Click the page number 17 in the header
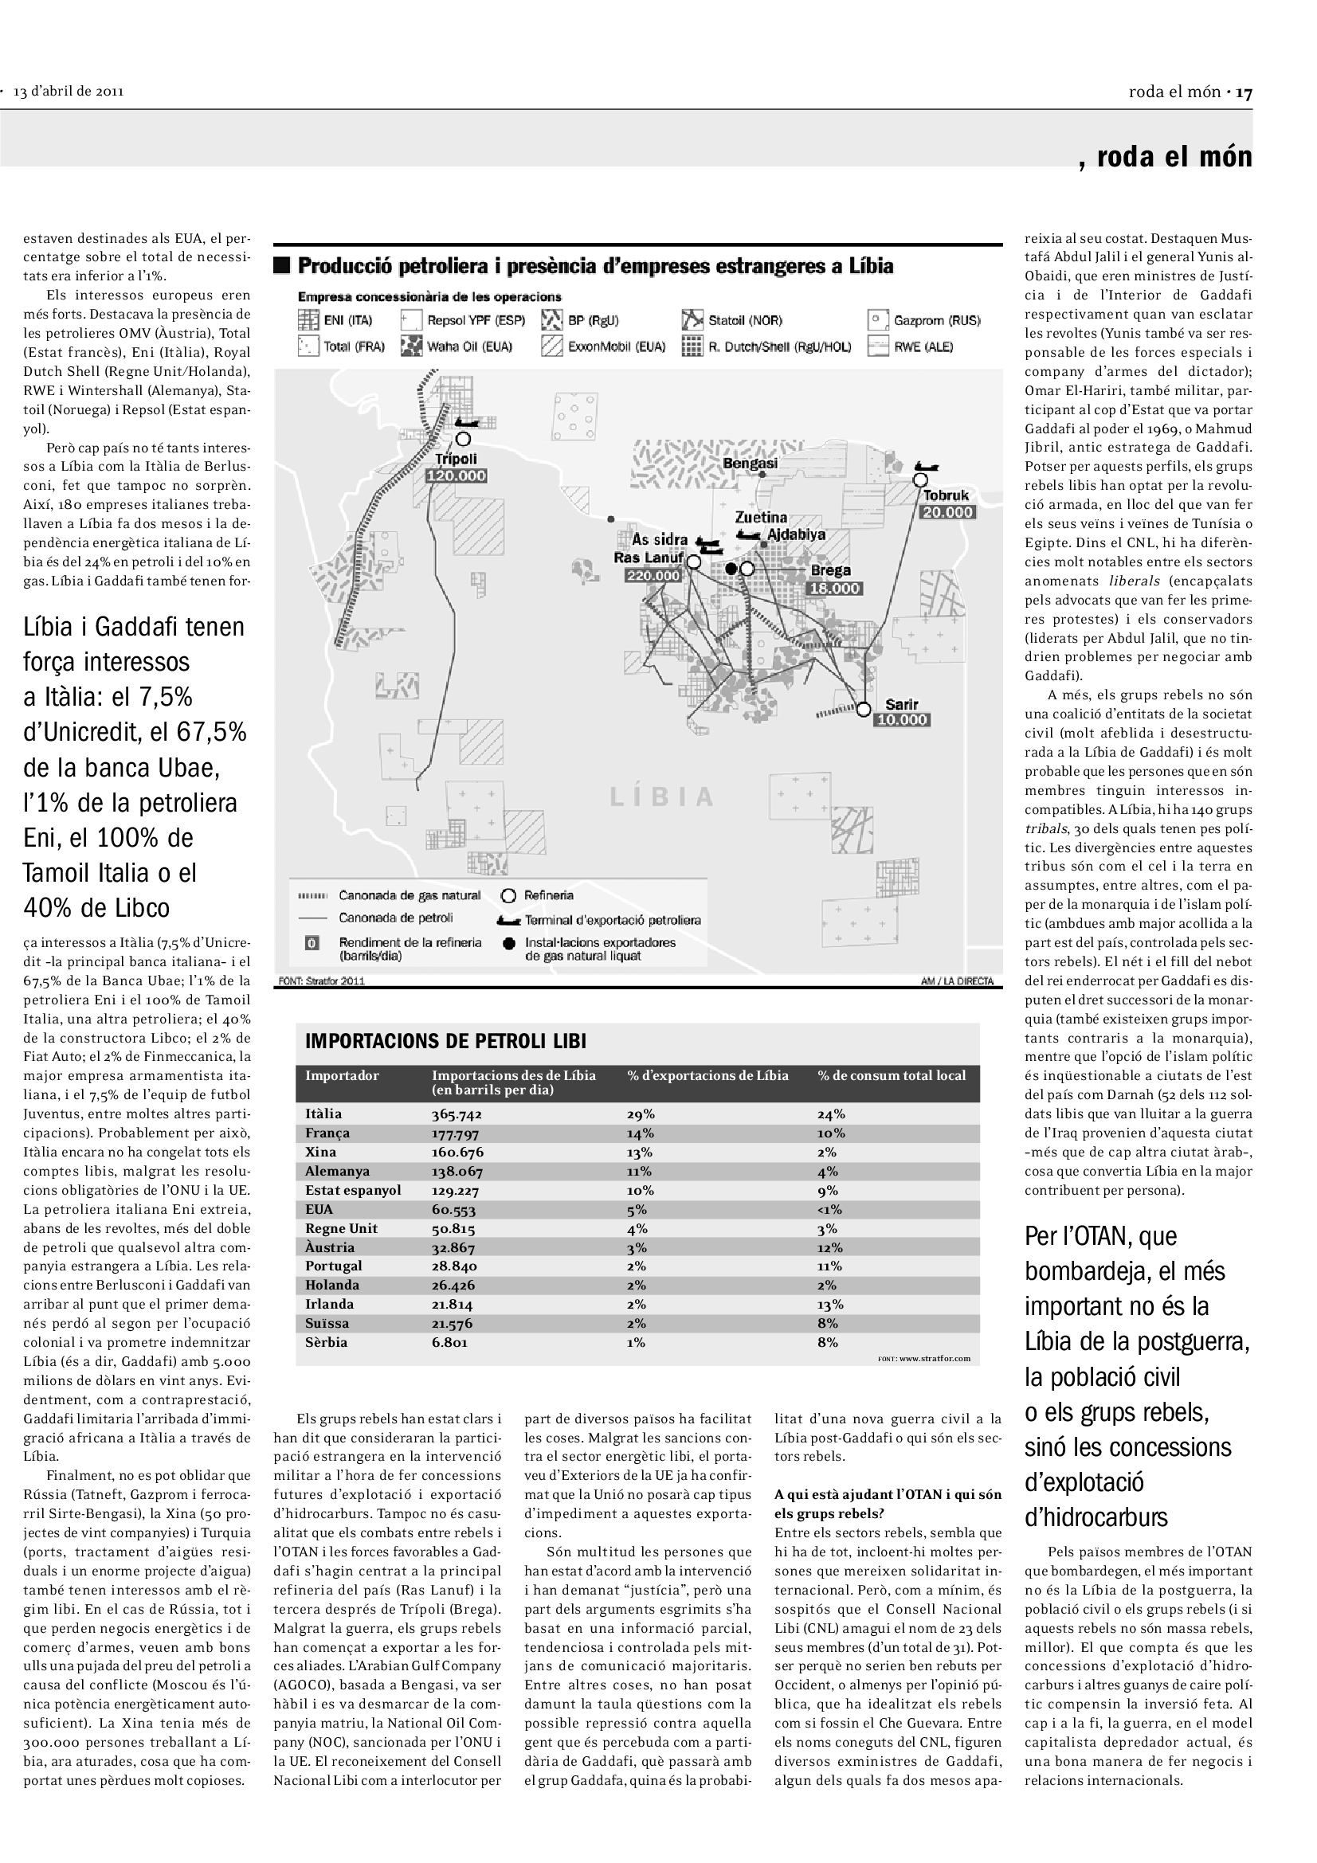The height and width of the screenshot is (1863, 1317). [1244, 92]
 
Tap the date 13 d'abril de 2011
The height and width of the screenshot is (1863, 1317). [69, 92]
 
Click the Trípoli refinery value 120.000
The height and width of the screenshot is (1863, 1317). [456, 476]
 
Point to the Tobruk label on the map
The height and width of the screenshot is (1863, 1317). [946, 495]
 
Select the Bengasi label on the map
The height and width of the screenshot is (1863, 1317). [750, 464]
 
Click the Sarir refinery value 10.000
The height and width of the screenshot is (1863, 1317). [902, 720]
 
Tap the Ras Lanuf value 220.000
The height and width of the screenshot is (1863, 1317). [653, 576]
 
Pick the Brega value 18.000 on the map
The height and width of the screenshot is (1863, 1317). [834, 589]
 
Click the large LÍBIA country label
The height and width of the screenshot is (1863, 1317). [661, 796]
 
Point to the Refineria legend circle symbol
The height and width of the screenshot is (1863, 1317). [509, 896]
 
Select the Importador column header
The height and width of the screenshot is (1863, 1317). [342, 1076]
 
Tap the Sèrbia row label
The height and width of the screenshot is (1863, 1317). [326, 1342]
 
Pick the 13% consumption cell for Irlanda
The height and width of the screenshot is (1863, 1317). [830, 1304]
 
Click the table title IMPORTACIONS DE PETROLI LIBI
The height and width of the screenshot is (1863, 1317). [445, 1041]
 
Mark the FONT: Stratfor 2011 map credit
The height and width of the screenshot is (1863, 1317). [321, 981]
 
